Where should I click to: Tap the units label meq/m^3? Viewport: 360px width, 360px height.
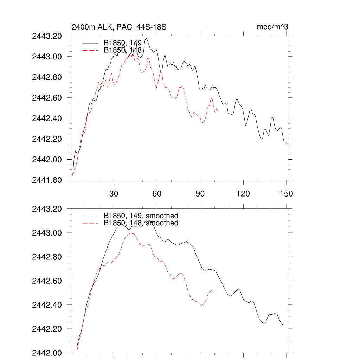(273, 27)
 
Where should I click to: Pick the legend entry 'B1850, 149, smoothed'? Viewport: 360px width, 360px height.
(141, 216)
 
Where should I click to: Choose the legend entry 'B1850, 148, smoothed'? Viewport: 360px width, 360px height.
(141, 223)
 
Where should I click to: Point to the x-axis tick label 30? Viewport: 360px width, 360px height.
(114, 194)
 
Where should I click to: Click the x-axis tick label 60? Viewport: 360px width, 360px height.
(157, 194)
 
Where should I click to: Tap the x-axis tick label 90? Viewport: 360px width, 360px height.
(200, 194)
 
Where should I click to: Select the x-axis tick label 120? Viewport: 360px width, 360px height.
(243, 194)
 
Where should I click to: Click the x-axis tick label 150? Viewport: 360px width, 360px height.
(286, 194)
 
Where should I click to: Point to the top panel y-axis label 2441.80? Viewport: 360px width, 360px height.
(47, 180)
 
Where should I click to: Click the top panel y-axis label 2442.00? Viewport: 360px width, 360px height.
(47, 160)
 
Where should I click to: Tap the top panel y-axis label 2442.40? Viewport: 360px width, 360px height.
(47, 118)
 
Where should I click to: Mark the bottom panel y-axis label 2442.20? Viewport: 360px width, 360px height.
(47, 329)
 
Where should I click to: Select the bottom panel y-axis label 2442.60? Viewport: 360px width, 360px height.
(47, 281)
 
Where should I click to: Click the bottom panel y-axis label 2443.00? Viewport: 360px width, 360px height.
(47, 233)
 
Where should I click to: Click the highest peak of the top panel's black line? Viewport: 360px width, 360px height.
(146, 38)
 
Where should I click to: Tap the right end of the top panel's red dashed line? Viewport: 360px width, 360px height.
(218, 112)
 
